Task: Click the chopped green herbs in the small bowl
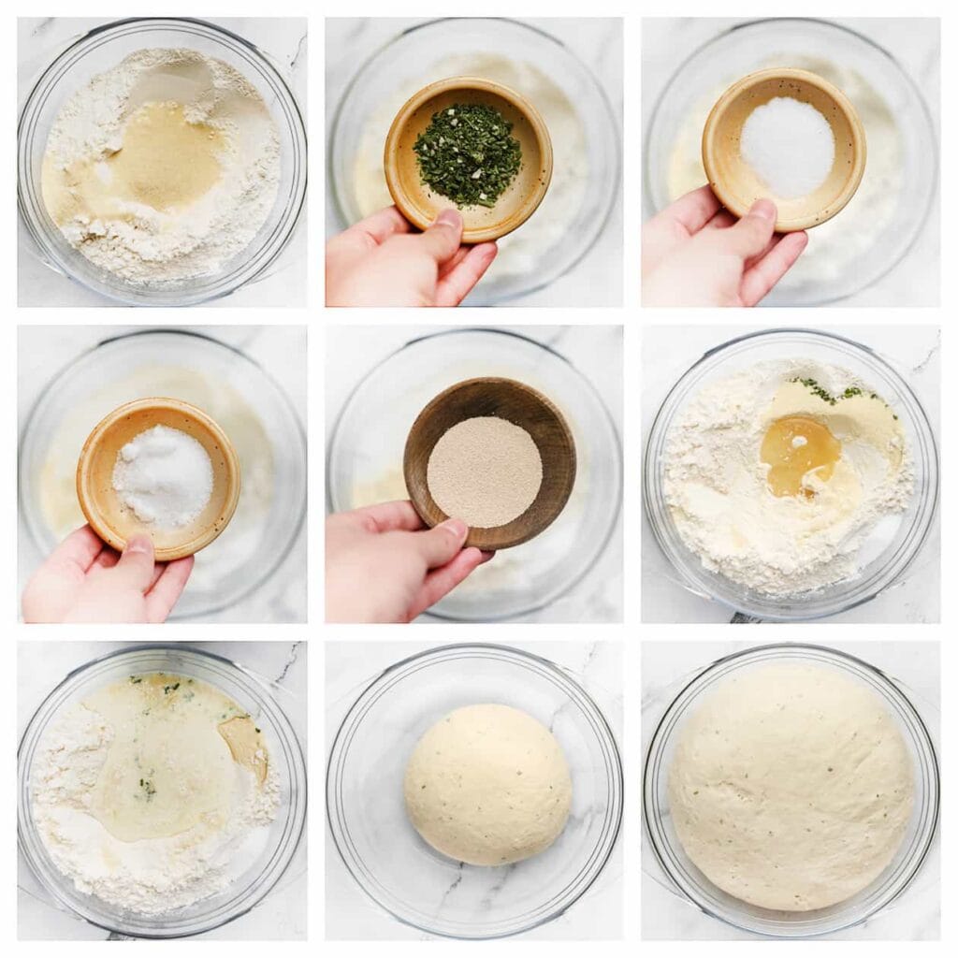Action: coord(467,154)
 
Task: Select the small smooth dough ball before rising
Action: coord(487,783)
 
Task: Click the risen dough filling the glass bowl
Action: coord(791,786)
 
